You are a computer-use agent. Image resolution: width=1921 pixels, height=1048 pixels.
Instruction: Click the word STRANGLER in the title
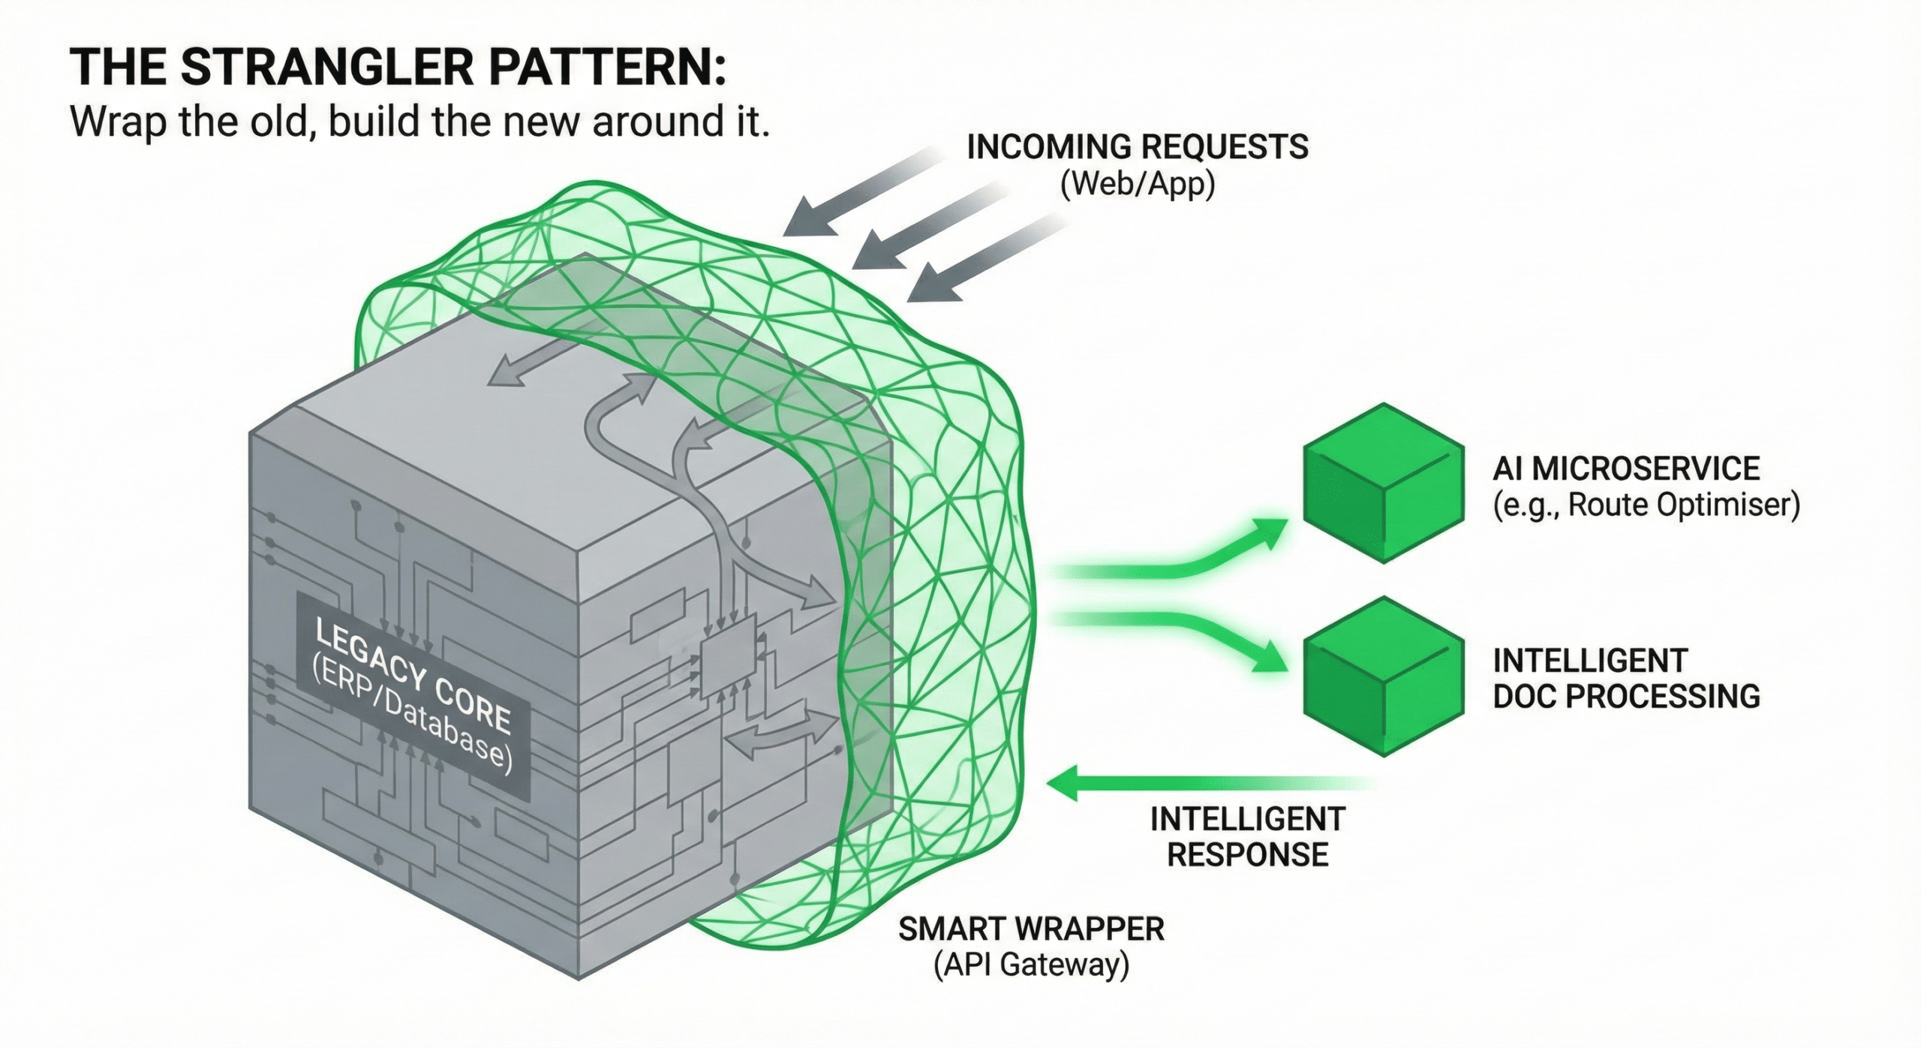327,67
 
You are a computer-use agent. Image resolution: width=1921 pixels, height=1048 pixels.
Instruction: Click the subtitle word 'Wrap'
117,121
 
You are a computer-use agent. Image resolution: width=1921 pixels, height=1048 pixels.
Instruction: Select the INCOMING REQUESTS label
1137,146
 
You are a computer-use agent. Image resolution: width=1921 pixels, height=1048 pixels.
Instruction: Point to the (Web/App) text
1137,183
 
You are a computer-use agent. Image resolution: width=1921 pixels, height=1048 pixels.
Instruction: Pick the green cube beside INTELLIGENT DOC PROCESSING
1383,675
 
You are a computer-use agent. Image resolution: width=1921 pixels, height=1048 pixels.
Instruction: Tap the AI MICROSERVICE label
1625,468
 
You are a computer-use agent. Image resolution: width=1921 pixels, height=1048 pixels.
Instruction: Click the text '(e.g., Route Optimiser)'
1646,504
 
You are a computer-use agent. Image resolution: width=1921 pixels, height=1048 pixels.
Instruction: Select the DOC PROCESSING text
1625,696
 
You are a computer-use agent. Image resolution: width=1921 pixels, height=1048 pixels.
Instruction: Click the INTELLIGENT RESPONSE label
1247,836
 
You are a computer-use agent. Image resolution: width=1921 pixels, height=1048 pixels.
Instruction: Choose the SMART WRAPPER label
1031,929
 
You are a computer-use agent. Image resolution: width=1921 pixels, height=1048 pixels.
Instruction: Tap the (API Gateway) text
1031,965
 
